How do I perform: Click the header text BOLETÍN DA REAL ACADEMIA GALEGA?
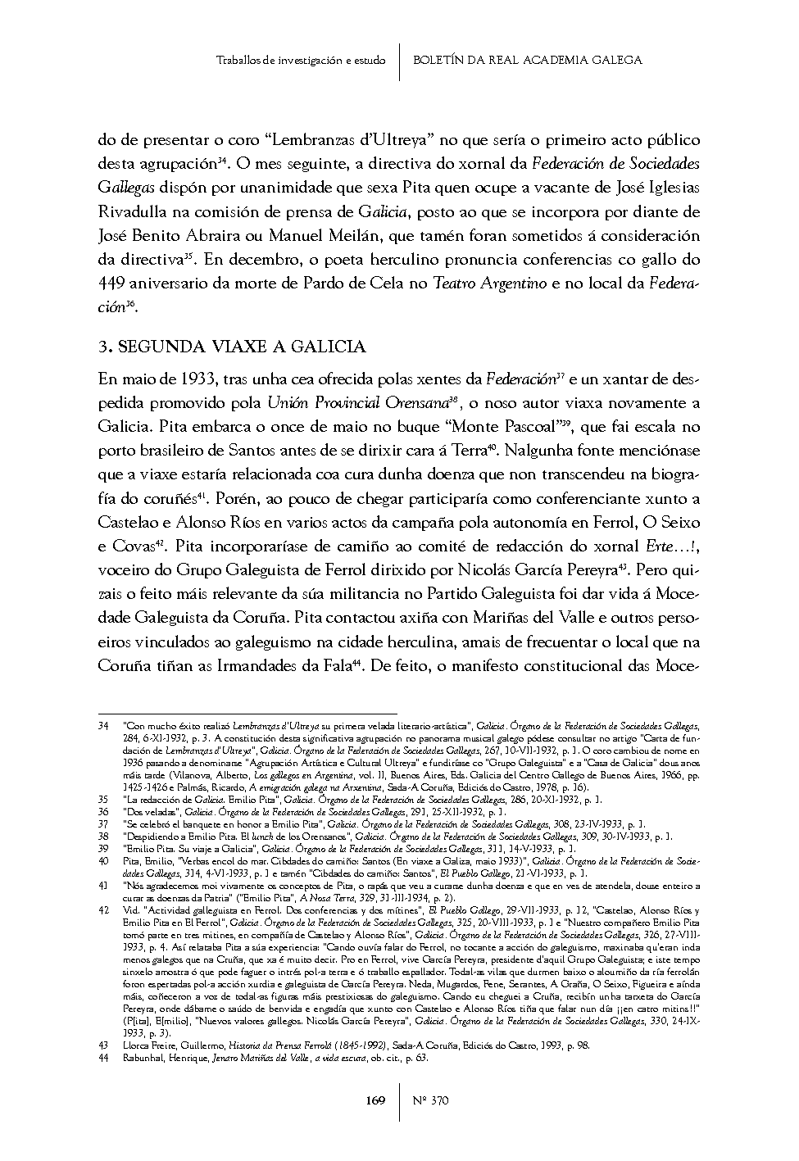[x=527, y=61]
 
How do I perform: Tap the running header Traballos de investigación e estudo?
[x=301, y=61]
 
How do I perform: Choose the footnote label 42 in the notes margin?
[x=103, y=910]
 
